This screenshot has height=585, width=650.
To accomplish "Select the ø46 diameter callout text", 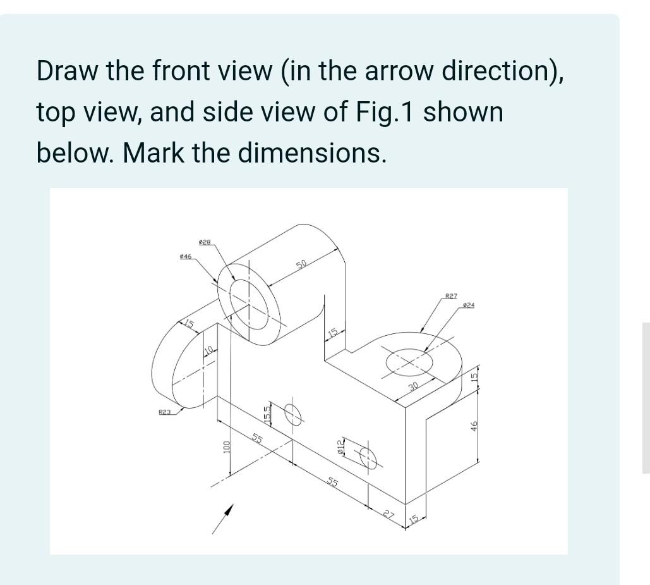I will pos(186,256).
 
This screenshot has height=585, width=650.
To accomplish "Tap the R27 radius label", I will pos(451,296).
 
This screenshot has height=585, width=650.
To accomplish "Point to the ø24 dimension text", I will pos(468,305).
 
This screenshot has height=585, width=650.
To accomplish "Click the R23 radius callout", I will pos(164,412).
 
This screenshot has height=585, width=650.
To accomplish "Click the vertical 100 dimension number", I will pos(226,446).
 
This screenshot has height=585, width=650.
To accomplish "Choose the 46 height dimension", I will pos(474,426).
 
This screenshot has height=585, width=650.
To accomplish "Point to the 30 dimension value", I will pos(413,386).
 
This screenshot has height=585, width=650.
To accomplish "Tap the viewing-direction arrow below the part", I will pos(223,519).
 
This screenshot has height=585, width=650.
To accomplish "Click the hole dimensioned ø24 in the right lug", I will pos(409,363).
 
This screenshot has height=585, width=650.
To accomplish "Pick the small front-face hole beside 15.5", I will pos(292,414).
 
